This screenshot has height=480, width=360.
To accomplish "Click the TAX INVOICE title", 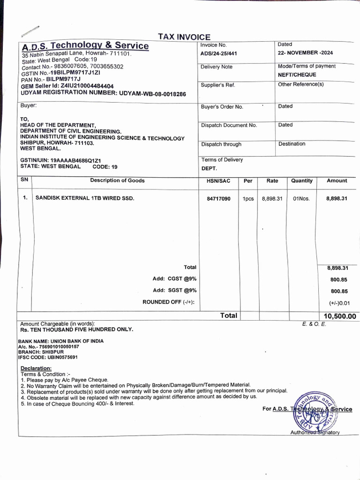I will pos(184,37).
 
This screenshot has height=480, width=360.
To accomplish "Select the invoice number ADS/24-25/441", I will pos(218,53).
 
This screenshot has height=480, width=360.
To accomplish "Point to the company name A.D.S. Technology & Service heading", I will pos(85,46).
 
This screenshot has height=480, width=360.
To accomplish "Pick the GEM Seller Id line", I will pos(67,87).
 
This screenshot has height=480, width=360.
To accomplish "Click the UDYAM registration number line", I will pos(103,94).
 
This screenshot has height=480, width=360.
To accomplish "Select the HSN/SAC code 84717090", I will pos(218,199).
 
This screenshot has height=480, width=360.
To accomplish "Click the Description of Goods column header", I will pos(117,180).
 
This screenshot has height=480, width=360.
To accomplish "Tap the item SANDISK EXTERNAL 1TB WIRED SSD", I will pos(85,198).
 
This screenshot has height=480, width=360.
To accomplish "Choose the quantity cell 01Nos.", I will pos(301,199).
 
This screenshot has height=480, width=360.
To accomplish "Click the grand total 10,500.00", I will pos(339,316).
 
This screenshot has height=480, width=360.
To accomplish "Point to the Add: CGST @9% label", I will pos(174,279).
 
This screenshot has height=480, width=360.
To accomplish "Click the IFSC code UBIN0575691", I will pos(48,357).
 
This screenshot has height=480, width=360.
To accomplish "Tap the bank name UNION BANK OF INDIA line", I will pos(61,341).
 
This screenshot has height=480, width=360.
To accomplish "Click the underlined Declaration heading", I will pos(36,368).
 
